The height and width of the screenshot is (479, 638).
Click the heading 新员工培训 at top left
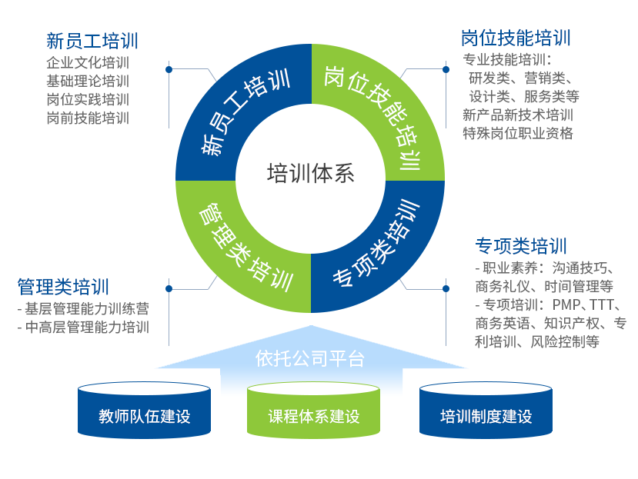[92, 41]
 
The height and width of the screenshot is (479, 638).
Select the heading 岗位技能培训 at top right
[516, 38]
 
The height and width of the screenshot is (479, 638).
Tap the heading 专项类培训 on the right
[521, 246]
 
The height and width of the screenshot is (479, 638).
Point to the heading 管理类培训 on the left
[63, 287]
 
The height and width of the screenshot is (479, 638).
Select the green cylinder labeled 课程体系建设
[313, 417]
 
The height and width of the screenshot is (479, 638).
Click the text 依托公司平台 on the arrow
[310, 358]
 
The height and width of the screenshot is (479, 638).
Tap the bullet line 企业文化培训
[88, 63]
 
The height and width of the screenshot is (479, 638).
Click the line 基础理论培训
[88, 81]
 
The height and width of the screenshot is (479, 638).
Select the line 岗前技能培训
[88, 118]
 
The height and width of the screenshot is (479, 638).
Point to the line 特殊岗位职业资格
[518, 133]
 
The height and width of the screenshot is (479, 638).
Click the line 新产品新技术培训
[518, 115]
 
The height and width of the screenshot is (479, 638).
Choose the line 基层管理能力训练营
[83, 308]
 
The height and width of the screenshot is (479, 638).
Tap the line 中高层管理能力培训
[83, 327]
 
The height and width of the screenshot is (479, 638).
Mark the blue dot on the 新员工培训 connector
[169, 69]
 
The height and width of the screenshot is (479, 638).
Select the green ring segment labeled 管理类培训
[231, 246]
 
